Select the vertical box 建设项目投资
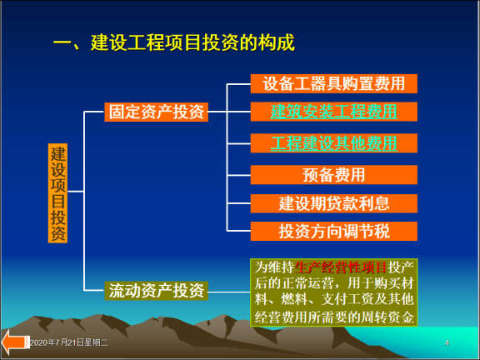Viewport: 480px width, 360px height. (x=57, y=192)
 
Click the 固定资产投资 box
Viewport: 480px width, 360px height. (x=156, y=112)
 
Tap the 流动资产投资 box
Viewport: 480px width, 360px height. (x=156, y=291)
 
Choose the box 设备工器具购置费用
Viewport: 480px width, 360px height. (x=333, y=83)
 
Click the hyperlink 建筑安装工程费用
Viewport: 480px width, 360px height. (x=333, y=111)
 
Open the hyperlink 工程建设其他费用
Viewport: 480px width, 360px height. (x=333, y=142)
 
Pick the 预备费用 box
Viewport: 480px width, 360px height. (x=333, y=174)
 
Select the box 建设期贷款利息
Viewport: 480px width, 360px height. (x=333, y=202)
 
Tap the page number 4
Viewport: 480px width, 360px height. (x=447, y=343)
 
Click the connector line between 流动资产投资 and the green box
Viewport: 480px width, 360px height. (x=229, y=291)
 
